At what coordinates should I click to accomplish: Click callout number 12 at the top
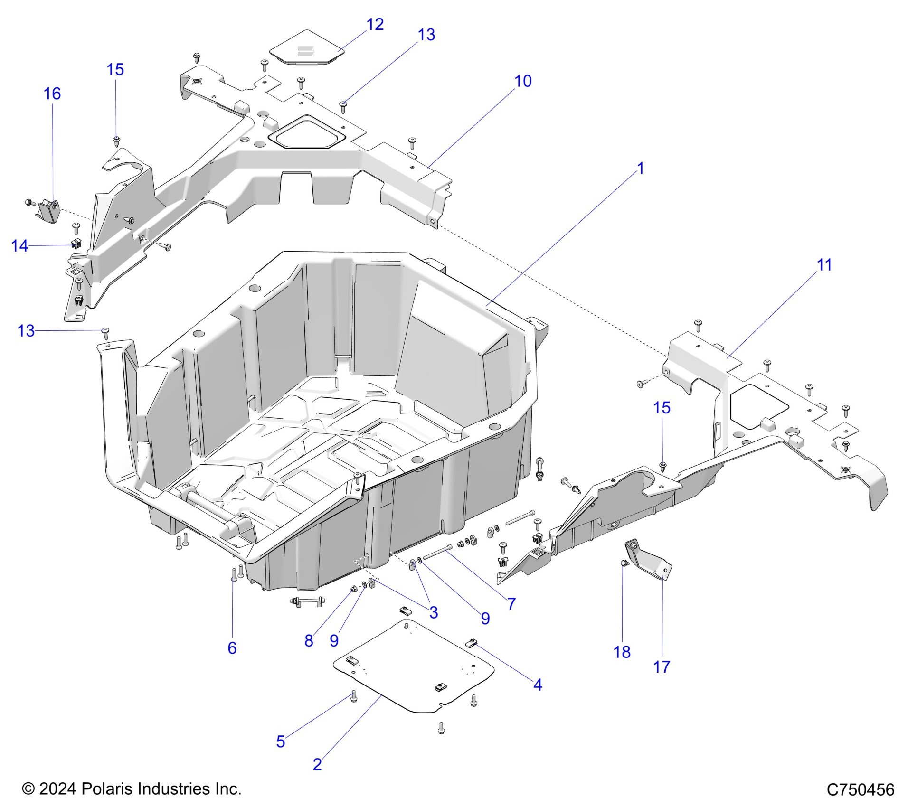pyautogui.click(x=375, y=24)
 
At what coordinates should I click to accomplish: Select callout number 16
pyautogui.click(x=52, y=94)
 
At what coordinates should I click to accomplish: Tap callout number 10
pyautogui.click(x=523, y=81)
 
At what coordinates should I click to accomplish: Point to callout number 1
pyautogui.click(x=640, y=169)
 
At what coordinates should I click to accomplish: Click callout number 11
pyautogui.click(x=824, y=265)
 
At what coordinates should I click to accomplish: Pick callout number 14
pyautogui.click(x=19, y=246)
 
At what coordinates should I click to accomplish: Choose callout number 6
pyautogui.click(x=232, y=647)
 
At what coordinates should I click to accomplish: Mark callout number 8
pyautogui.click(x=309, y=640)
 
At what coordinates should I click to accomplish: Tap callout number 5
pyautogui.click(x=280, y=741)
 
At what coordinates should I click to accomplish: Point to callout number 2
pyautogui.click(x=317, y=764)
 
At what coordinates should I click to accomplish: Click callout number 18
pyautogui.click(x=622, y=652)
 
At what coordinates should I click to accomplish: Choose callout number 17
pyautogui.click(x=662, y=666)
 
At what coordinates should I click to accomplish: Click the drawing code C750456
pyautogui.click(x=860, y=789)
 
